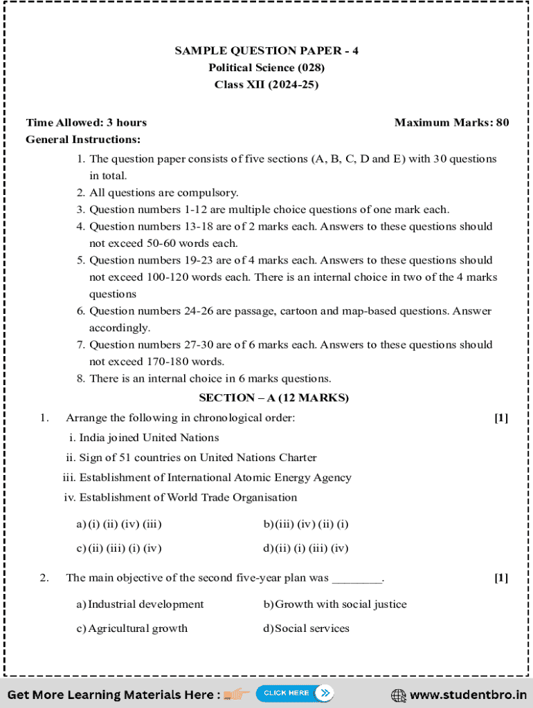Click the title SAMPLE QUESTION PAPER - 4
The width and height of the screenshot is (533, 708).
(266, 50)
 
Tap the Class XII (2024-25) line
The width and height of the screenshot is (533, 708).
(266, 84)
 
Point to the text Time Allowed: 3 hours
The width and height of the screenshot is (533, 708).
(87, 122)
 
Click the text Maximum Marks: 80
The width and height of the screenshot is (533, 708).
(451, 122)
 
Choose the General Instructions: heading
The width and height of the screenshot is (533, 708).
(83, 140)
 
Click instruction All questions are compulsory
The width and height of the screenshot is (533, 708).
(163, 193)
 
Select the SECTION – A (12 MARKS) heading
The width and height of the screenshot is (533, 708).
(273, 398)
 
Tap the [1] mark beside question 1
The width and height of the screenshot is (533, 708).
(501, 418)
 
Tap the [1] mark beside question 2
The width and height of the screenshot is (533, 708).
(501, 578)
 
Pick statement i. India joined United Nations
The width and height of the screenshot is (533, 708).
(144, 438)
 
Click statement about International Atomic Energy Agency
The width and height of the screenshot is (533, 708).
(207, 478)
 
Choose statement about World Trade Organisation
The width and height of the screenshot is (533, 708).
(180, 498)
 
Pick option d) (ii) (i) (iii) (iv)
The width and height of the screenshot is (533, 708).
(306, 549)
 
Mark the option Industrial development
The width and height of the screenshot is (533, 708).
(140, 604)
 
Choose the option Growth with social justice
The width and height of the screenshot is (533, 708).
(335, 604)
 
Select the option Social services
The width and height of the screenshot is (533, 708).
(306, 628)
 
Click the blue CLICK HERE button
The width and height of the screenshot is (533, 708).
(294, 693)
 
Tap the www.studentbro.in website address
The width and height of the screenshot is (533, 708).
(467, 694)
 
